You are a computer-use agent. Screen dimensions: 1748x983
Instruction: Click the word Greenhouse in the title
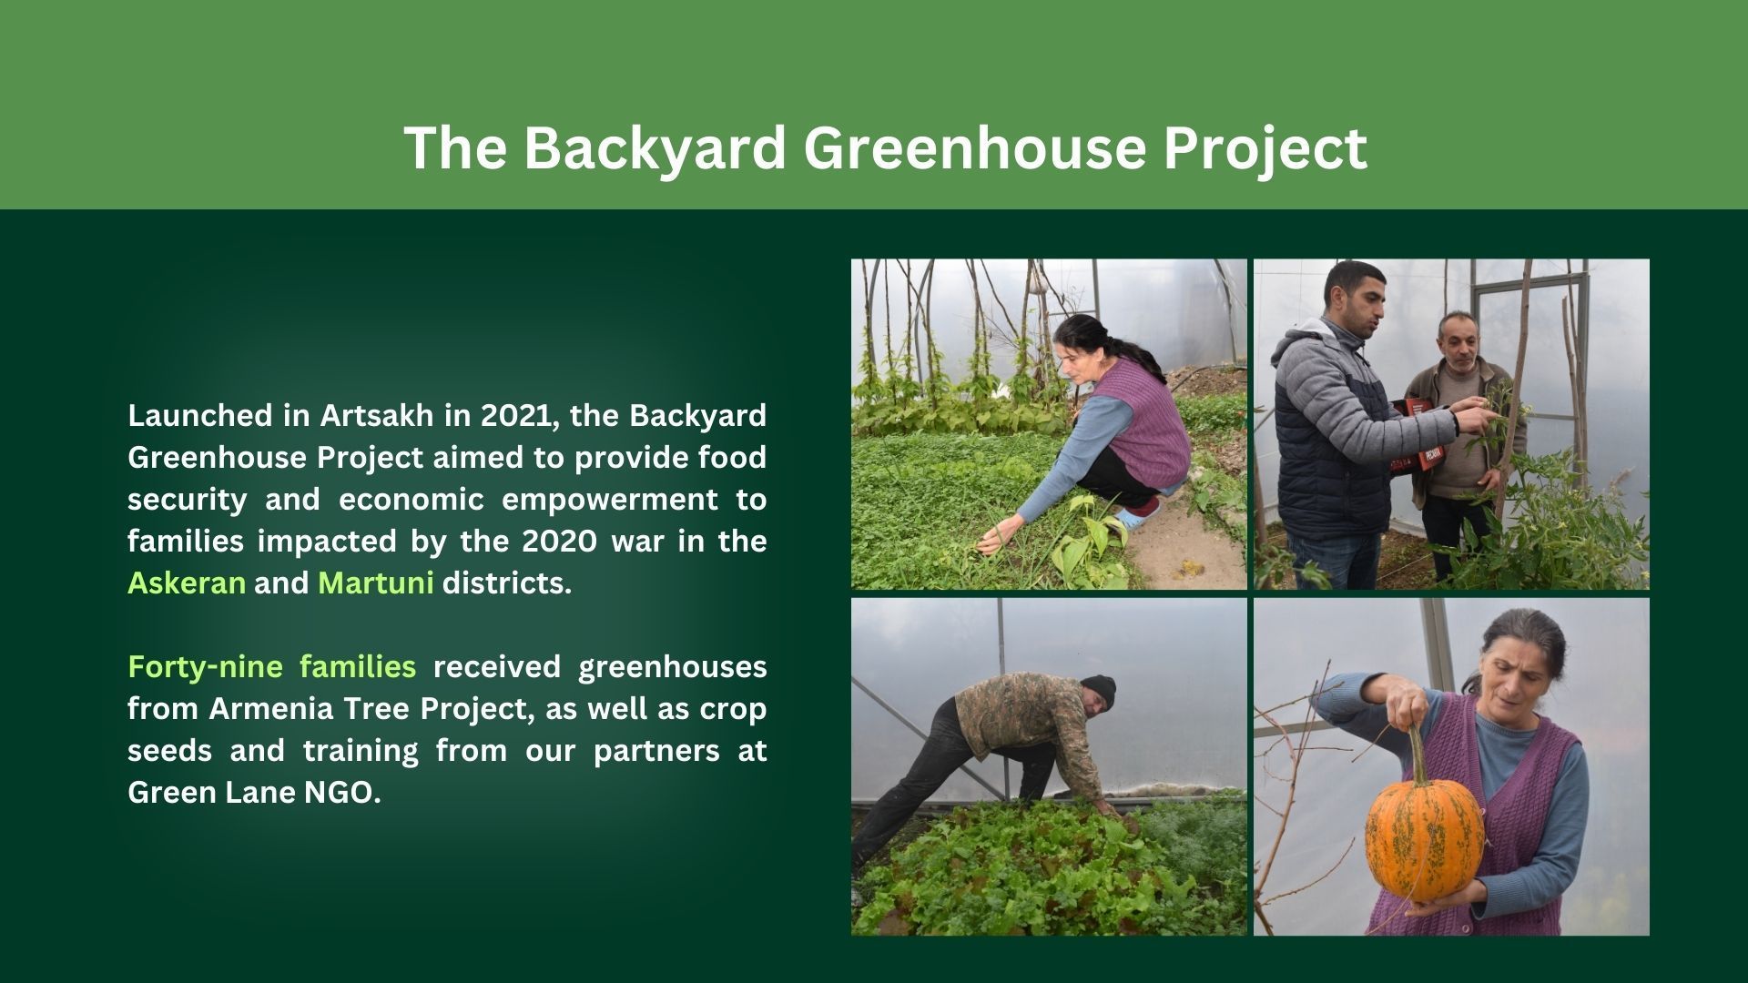coord(972,147)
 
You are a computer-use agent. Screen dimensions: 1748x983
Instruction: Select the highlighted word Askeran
coord(187,583)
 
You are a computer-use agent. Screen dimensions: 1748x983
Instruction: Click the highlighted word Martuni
coord(375,583)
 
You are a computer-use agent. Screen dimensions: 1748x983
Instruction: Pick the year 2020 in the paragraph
coord(559,541)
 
